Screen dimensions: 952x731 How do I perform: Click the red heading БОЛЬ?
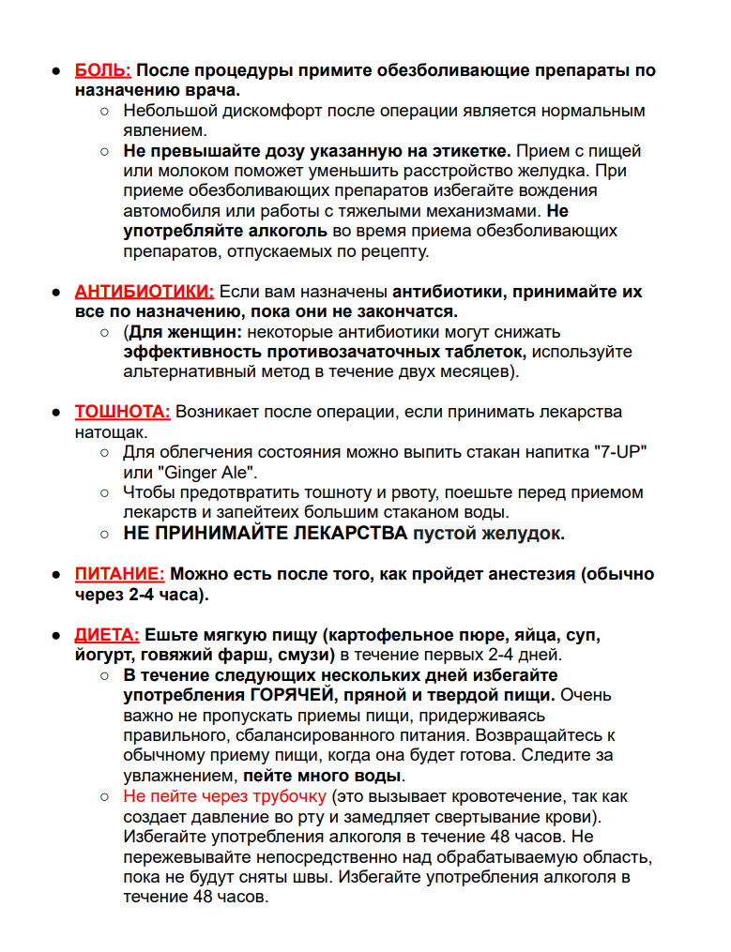[103, 71]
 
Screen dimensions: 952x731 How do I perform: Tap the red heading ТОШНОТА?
[122, 413]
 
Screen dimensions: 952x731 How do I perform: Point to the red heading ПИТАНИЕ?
[119, 574]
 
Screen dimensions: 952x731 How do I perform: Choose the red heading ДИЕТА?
[107, 635]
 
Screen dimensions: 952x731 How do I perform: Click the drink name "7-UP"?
[621, 453]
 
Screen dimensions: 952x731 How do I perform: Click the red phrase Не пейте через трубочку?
[224, 796]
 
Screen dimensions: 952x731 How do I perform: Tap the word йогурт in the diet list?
[103, 655]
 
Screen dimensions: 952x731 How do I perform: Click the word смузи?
[302, 655]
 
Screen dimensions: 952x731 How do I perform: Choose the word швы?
[319, 878]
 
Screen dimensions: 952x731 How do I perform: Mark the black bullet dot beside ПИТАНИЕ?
[56, 575]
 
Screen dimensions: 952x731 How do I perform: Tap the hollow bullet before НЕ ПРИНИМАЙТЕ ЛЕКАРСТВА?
[105, 535]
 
